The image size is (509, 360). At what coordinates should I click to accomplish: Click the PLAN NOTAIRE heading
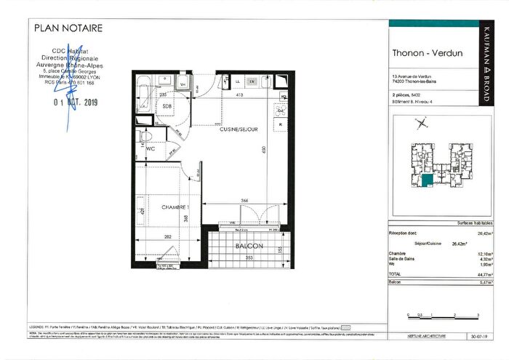pyautogui.click(x=68, y=28)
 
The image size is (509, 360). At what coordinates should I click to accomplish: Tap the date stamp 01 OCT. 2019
pyautogui.click(x=76, y=103)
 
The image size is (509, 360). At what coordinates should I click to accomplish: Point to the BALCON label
pyautogui.click(x=249, y=247)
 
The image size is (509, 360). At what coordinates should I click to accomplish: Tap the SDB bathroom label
pyautogui.click(x=167, y=106)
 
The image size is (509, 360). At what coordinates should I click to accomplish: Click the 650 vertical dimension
pyautogui.click(x=264, y=153)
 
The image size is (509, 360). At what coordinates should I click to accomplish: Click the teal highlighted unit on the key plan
pyautogui.click(x=428, y=180)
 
